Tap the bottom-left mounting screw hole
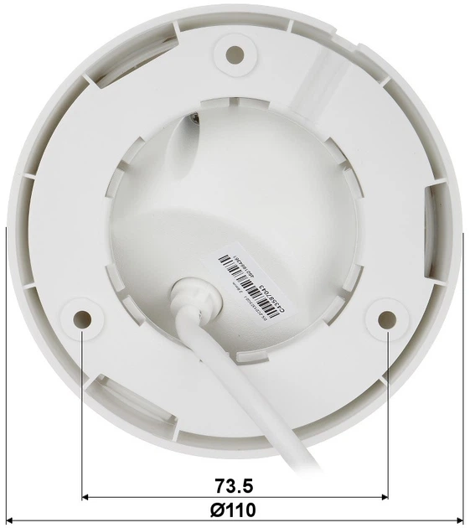[x=82, y=318]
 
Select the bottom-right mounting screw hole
[x=386, y=318]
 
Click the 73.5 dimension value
[x=234, y=485]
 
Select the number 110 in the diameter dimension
[x=242, y=510]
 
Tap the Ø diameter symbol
[x=220, y=510]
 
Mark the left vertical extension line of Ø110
[x=6, y=377]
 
